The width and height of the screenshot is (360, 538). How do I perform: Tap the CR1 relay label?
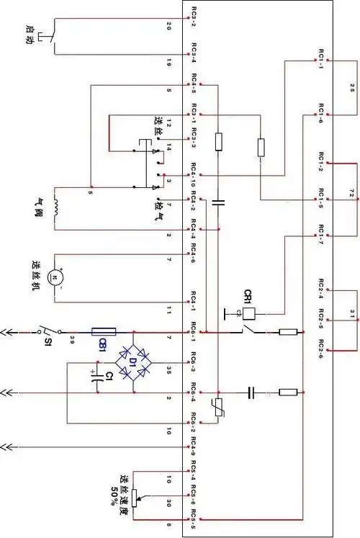tap(248, 295)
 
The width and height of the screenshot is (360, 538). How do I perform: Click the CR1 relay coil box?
tap(249, 313)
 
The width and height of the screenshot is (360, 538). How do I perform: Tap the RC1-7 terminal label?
tap(317, 233)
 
